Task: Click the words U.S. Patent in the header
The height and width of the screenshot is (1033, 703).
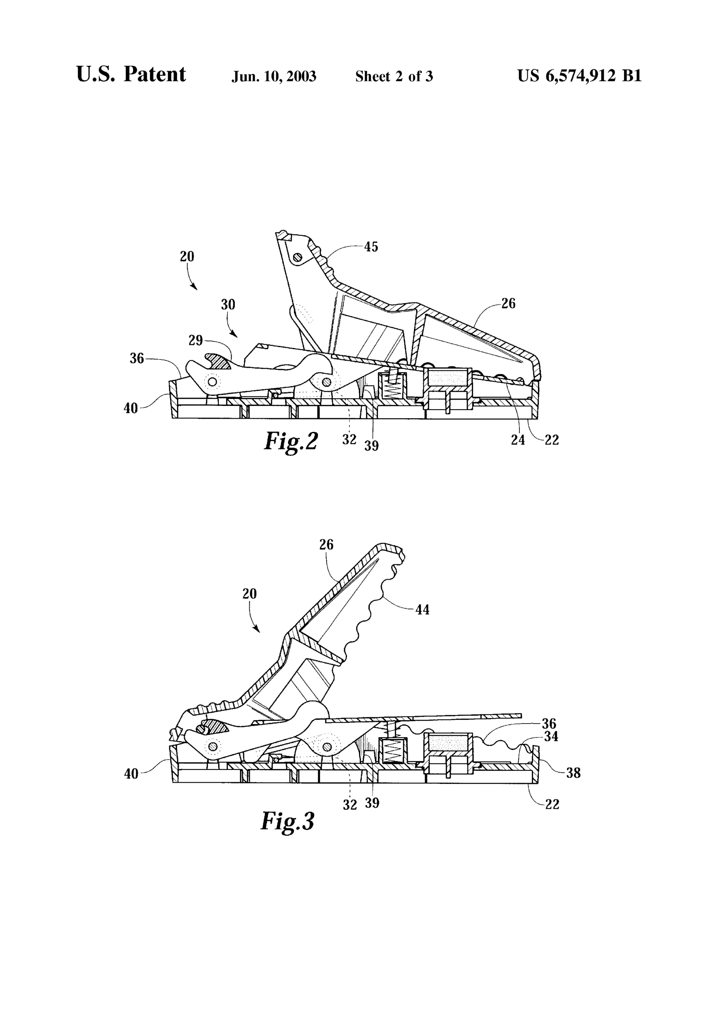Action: (x=131, y=74)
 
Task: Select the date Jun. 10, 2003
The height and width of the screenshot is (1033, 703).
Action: (x=274, y=77)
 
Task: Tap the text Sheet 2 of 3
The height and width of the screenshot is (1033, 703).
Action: (x=394, y=77)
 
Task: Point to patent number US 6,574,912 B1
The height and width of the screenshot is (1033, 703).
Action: (x=579, y=76)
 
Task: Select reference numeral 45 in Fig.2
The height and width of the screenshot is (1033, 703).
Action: (x=371, y=247)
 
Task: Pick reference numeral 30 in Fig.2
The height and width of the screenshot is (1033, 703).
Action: (x=228, y=304)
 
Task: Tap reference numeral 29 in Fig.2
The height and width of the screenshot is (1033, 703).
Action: (x=196, y=340)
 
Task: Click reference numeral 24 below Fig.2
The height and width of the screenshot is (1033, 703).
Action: (x=518, y=440)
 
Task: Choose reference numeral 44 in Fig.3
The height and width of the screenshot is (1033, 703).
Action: (x=422, y=610)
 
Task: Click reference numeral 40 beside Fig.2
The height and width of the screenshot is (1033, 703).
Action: (x=131, y=408)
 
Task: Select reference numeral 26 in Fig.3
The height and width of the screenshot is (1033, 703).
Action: (x=326, y=544)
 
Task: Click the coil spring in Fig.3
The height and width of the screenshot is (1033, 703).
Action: (x=392, y=751)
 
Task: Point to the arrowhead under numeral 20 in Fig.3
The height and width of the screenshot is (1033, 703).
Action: (x=257, y=629)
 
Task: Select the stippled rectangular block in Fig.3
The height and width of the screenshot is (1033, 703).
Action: (x=449, y=741)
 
